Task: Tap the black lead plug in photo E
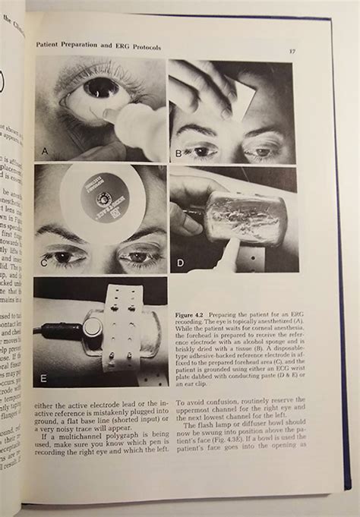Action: [57, 331]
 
